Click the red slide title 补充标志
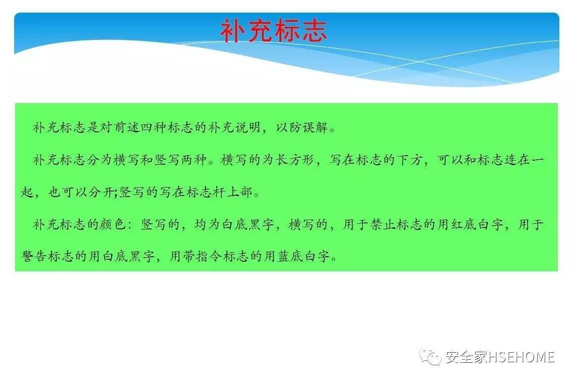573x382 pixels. point(273,31)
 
